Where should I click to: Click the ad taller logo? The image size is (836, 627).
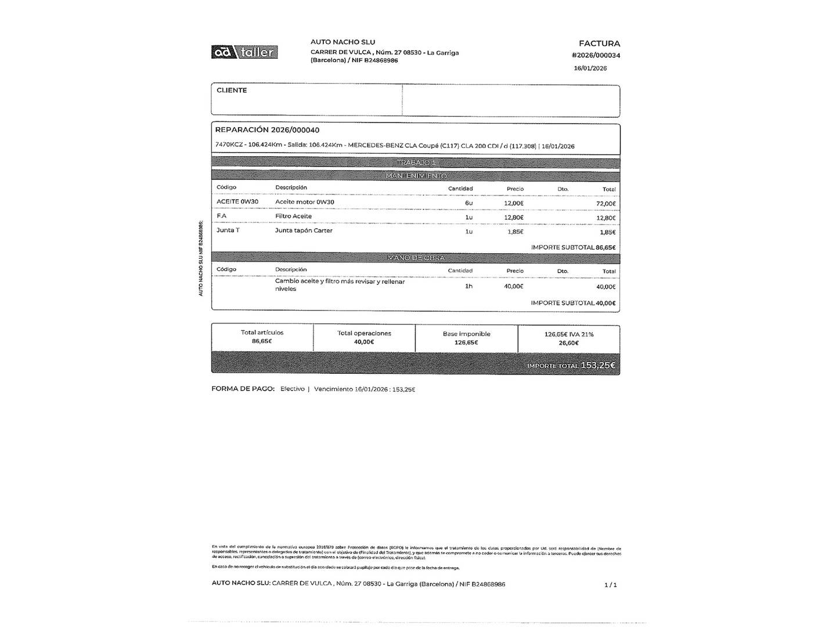pyautogui.click(x=244, y=52)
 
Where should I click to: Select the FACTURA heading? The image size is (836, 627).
pyautogui.click(x=599, y=44)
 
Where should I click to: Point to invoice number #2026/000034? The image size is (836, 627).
pyautogui.click(x=596, y=56)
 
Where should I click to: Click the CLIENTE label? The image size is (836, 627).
pyautogui.click(x=232, y=91)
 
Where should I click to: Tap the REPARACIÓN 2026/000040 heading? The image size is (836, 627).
pyautogui.click(x=267, y=130)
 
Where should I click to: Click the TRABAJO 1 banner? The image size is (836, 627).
pyautogui.click(x=416, y=163)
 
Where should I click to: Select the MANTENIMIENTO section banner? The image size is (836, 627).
pyautogui.click(x=416, y=175)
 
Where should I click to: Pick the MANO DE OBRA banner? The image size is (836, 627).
pyautogui.click(x=416, y=258)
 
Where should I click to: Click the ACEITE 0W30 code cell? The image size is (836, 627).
pyautogui.click(x=237, y=202)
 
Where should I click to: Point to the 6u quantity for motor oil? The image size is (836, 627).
pyautogui.click(x=469, y=203)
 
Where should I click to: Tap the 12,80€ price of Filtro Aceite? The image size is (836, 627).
pyautogui.click(x=514, y=218)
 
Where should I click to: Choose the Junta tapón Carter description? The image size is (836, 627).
pyautogui.click(x=304, y=230)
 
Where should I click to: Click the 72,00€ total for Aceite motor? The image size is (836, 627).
pyautogui.click(x=606, y=204)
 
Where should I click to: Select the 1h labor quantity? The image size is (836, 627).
pyautogui.click(x=469, y=286)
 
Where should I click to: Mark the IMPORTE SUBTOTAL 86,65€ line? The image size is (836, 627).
pyautogui.click(x=573, y=247)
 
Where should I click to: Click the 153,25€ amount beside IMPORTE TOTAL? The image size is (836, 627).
pyautogui.click(x=598, y=366)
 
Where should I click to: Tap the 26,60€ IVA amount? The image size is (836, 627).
pyautogui.click(x=569, y=343)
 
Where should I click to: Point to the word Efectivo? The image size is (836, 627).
pyautogui.click(x=292, y=389)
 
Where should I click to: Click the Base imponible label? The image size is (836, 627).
pyautogui.click(x=466, y=334)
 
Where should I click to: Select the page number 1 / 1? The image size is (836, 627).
pyautogui.click(x=610, y=585)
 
